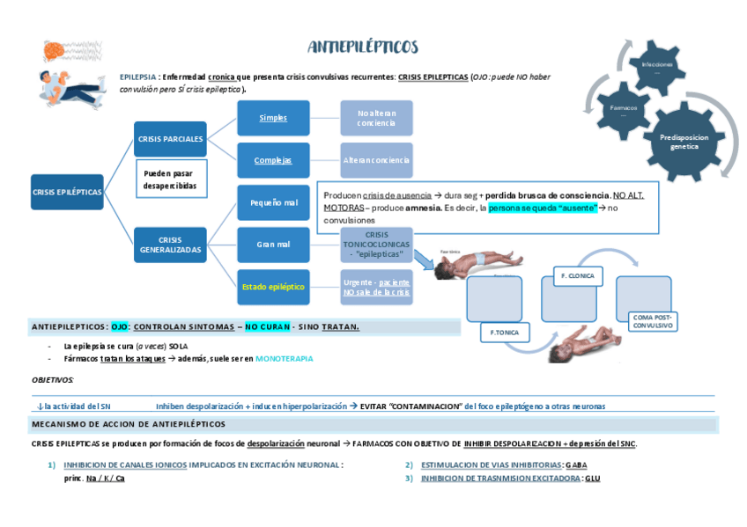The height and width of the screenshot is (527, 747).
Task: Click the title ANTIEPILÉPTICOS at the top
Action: pyautogui.click(x=363, y=47)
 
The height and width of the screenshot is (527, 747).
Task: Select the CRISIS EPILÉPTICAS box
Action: pyautogui.click(x=67, y=192)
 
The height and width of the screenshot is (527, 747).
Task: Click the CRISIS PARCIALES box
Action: pyautogui.click(x=170, y=139)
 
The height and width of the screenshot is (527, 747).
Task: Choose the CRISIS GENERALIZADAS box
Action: pyautogui.click(x=170, y=245)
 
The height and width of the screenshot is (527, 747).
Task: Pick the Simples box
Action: pyautogui.click(x=273, y=118)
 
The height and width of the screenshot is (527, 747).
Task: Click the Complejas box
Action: pyautogui.click(x=273, y=160)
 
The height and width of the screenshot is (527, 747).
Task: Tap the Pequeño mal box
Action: pyautogui.click(x=273, y=202)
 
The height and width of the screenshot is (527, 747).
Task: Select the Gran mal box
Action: pyautogui.click(x=273, y=245)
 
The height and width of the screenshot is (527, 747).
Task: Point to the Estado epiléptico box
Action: pyautogui.click(x=273, y=287)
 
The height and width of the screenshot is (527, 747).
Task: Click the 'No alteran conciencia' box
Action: pyautogui.click(x=376, y=118)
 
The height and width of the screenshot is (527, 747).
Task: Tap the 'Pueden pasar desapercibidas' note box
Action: pyautogui.click(x=170, y=180)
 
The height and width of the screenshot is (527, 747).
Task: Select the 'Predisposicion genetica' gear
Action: pyautogui.click(x=684, y=141)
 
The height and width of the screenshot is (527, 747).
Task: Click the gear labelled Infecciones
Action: pyautogui.click(x=656, y=67)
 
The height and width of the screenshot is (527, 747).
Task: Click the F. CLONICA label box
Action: pyautogui.click(x=577, y=275)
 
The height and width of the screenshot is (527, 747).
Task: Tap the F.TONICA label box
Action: pyautogui.click(x=505, y=333)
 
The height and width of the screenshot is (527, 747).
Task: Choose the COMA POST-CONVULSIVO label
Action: pyautogui.click(x=651, y=321)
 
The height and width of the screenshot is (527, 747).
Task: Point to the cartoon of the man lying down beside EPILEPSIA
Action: pyautogui.click(x=70, y=88)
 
